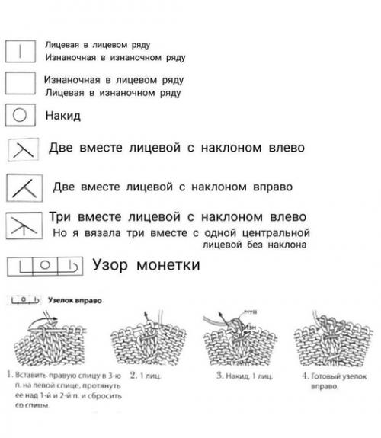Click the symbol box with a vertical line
(22, 50)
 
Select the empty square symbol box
(22, 85)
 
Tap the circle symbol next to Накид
(22, 117)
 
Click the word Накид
(63, 117)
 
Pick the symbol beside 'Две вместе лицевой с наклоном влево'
(23, 149)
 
